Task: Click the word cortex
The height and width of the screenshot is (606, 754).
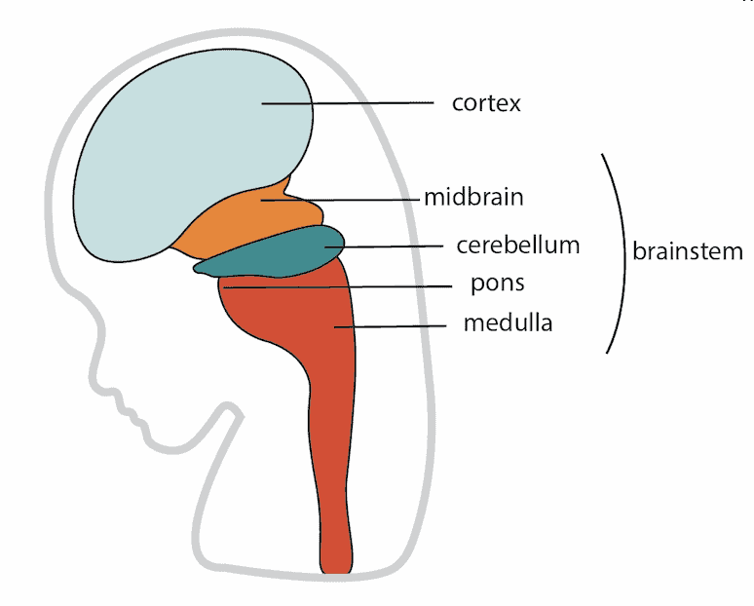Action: click(486, 102)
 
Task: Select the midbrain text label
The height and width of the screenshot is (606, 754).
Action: click(473, 197)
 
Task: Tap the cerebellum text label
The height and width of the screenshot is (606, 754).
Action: click(518, 245)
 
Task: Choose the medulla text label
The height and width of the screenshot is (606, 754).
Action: click(508, 322)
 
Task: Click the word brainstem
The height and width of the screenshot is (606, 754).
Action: click(688, 251)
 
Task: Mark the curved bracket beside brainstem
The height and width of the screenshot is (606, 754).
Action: click(621, 251)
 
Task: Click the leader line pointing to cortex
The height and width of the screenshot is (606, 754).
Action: click(370, 102)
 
